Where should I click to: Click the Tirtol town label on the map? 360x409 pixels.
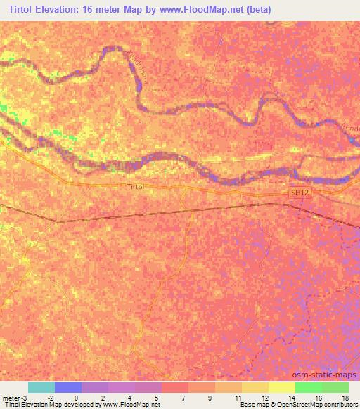[136, 188]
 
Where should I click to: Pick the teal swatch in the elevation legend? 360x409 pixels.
[41, 387]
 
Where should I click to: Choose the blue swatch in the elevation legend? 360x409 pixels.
[68, 387]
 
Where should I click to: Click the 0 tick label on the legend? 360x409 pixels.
[76, 397]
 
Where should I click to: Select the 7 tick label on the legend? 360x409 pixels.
[184, 397]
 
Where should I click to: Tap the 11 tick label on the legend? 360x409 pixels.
[237, 397]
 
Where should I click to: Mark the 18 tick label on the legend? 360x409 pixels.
[345, 397]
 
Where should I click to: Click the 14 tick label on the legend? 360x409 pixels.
[290, 397]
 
